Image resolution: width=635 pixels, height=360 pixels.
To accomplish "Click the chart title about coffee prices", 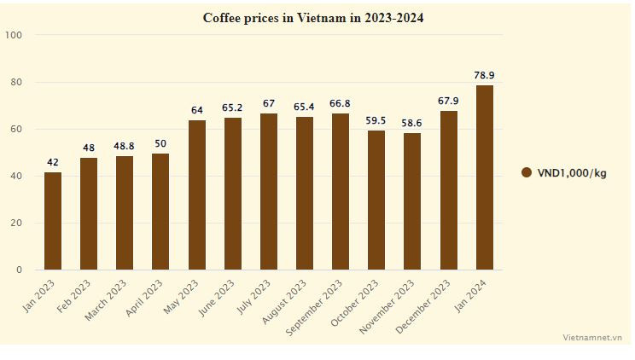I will point(312,17).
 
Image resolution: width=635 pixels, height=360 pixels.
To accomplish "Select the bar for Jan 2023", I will point(53,221).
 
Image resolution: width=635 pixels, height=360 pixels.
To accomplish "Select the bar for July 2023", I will point(269,191).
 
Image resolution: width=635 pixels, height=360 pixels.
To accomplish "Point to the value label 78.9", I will point(485,75).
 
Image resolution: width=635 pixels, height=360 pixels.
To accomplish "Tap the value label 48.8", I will point(125,146).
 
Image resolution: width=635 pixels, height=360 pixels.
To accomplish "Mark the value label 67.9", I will point(449,101).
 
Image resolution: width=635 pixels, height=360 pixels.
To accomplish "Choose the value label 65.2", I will point(233,107).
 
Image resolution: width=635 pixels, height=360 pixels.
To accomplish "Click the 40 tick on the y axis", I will point(16,177).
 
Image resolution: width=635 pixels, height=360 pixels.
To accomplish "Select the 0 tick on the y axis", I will point(20,270).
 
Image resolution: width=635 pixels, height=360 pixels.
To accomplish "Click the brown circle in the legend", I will point(527,173).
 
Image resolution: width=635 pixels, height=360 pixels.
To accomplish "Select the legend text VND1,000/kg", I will point(572,173).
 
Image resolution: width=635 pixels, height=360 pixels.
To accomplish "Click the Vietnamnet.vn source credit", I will point(592,338).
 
